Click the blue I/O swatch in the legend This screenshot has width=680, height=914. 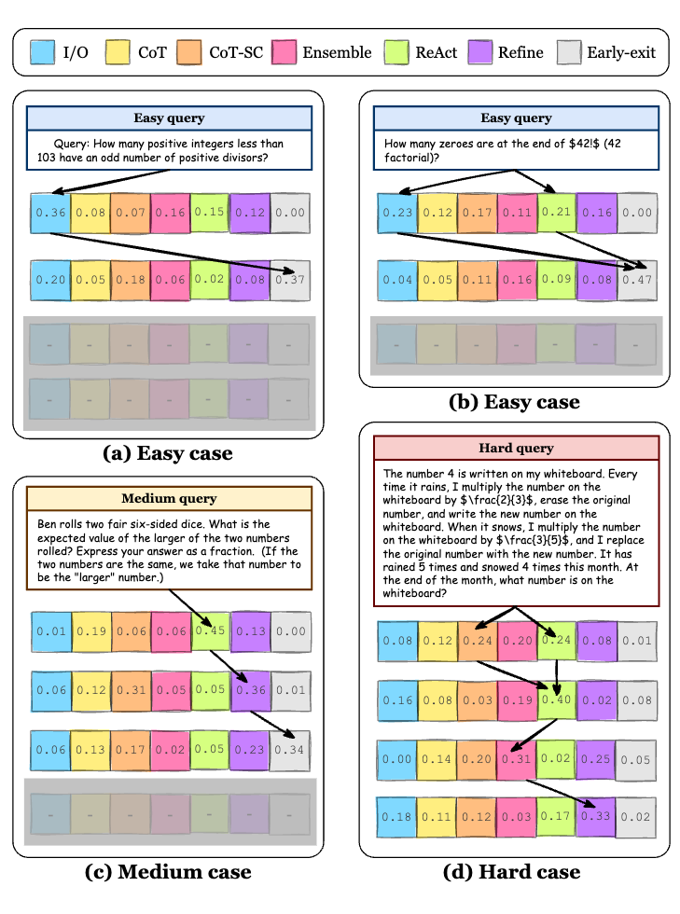(x=43, y=52)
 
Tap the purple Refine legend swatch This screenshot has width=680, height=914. (x=480, y=52)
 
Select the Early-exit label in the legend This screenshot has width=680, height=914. (x=621, y=52)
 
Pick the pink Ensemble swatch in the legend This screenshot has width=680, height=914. (x=284, y=52)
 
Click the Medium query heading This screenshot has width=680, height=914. (x=169, y=498)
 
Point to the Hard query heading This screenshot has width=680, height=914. (x=516, y=448)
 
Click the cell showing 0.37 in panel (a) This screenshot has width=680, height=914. (x=290, y=281)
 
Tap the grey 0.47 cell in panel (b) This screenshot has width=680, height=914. (x=637, y=281)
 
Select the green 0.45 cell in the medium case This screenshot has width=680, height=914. (x=211, y=630)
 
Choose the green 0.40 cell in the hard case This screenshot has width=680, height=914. (x=556, y=699)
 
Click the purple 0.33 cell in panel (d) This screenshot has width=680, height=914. (x=595, y=817)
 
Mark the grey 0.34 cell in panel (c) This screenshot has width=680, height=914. (x=290, y=750)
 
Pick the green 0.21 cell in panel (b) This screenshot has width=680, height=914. (x=556, y=213)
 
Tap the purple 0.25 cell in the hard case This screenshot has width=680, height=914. (x=595, y=759)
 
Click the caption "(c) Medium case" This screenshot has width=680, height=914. (x=168, y=872)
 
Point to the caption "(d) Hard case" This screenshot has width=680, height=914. (x=512, y=872)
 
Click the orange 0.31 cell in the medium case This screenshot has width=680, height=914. (x=131, y=690)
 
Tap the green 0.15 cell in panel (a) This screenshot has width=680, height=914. (x=209, y=213)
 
